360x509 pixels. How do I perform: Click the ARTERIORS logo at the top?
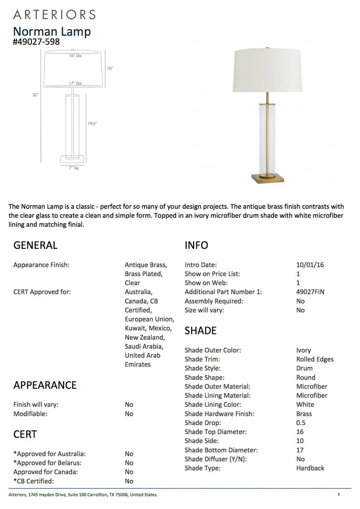(x=54, y=14)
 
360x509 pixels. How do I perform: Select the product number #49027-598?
(x=36, y=41)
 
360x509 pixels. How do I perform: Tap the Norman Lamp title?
(x=52, y=32)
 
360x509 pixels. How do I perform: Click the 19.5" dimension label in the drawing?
(x=92, y=123)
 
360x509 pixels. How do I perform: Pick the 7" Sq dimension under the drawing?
(x=74, y=168)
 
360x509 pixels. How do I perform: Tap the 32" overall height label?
(x=35, y=95)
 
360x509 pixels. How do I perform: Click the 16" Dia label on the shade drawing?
(x=75, y=56)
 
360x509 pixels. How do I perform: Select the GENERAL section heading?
(x=35, y=245)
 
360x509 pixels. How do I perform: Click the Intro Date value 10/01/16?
(x=310, y=265)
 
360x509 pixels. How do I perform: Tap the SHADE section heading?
(x=200, y=330)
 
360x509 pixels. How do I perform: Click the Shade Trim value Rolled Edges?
(x=315, y=359)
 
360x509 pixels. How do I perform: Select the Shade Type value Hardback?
(x=310, y=468)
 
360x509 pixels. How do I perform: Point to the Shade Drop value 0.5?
(x=301, y=423)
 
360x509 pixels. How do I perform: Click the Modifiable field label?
(x=30, y=414)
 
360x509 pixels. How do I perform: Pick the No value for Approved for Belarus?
(x=129, y=463)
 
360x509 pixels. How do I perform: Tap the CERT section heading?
(x=25, y=434)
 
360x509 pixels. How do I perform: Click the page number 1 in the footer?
(x=338, y=494)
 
